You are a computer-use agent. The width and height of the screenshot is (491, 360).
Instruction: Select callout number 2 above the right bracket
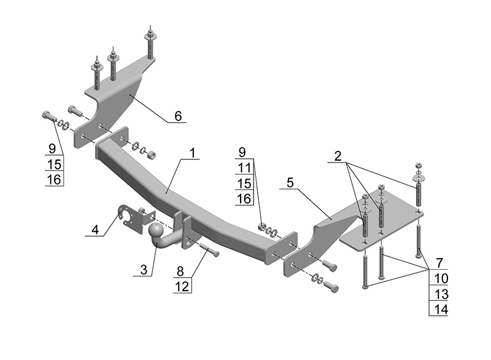338,156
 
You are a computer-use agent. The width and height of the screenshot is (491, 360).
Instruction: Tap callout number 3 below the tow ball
144,269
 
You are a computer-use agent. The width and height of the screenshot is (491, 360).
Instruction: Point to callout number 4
95,231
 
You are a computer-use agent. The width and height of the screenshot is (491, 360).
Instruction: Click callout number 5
290,183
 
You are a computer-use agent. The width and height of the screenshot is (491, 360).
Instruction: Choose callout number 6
177,116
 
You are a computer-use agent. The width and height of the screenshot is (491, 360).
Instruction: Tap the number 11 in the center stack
244,167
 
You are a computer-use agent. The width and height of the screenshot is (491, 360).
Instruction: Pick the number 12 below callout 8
180,285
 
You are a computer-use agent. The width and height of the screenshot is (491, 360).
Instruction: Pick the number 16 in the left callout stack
55,179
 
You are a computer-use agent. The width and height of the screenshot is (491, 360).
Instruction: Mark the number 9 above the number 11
244,151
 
